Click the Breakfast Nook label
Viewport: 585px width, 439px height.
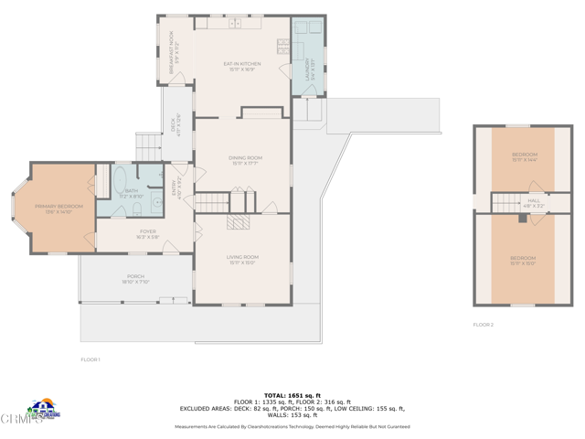(174, 55)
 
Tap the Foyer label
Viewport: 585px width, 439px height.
(147, 234)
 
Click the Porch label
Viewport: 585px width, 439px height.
(135, 279)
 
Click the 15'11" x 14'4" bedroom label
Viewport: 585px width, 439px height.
(523, 156)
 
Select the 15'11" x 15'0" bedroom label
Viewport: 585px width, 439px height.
(523, 261)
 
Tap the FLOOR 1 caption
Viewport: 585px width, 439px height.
(90, 359)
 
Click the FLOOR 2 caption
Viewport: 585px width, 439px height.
(483, 325)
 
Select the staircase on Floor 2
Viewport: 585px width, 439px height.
(505, 202)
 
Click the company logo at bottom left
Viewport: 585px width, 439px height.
(43, 410)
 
